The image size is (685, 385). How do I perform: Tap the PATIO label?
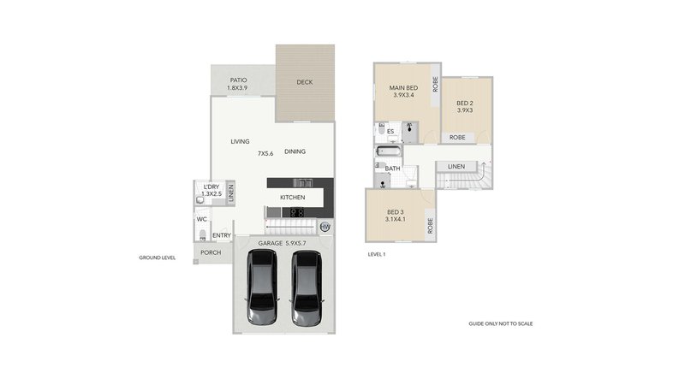[x=238, y=80]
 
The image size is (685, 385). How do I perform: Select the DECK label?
[x=304, y=83]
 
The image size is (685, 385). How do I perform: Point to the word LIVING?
[x=240, y=141]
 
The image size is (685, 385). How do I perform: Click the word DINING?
[x=295, y=151]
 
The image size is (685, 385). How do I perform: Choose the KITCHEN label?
[x=292, y=198]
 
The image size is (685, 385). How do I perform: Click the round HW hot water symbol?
[x=325, y=228]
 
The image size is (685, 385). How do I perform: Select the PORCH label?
[x=210, y=252]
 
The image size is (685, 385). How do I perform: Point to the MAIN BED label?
[x=402, y=88]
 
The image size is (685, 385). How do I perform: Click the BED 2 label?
[x=465, y=104]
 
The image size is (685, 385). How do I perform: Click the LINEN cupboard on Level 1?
[x=456, y=166]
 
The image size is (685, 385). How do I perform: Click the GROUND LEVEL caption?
[x=157, y=258]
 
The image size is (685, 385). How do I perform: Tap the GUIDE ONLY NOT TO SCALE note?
[x=501, y=324]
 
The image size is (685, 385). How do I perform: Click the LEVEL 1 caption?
[x=377, y=254]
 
